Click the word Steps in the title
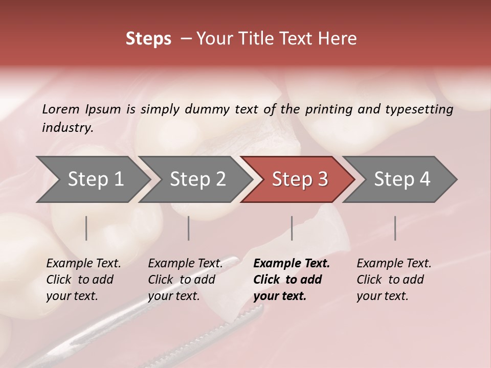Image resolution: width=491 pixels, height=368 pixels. click(x=148, y=38)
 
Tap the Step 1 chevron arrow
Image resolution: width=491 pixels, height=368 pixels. click(x=95, y=179)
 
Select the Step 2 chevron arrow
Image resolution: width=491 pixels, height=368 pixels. click(x=197, y=179)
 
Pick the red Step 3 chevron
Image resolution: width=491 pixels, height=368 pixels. click(x=300, y=179)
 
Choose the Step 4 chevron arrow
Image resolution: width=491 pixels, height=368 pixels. click(x=402, y=179)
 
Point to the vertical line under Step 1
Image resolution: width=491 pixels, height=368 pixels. click(x=86, y=228)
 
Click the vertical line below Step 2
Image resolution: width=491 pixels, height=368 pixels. click(x=189, y=228)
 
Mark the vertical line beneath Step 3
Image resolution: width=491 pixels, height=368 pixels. click(x=292, y=228)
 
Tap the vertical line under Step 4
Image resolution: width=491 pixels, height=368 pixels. click(x=395, y=228)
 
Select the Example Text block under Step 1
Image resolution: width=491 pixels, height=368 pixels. click(x=83, y=279)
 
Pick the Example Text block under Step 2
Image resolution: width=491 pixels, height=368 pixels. click(x=185, y=279)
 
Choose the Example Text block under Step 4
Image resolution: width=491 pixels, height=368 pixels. click(x=394, y=279)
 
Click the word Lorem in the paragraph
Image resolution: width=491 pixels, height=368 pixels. click(x=60, y=109)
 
